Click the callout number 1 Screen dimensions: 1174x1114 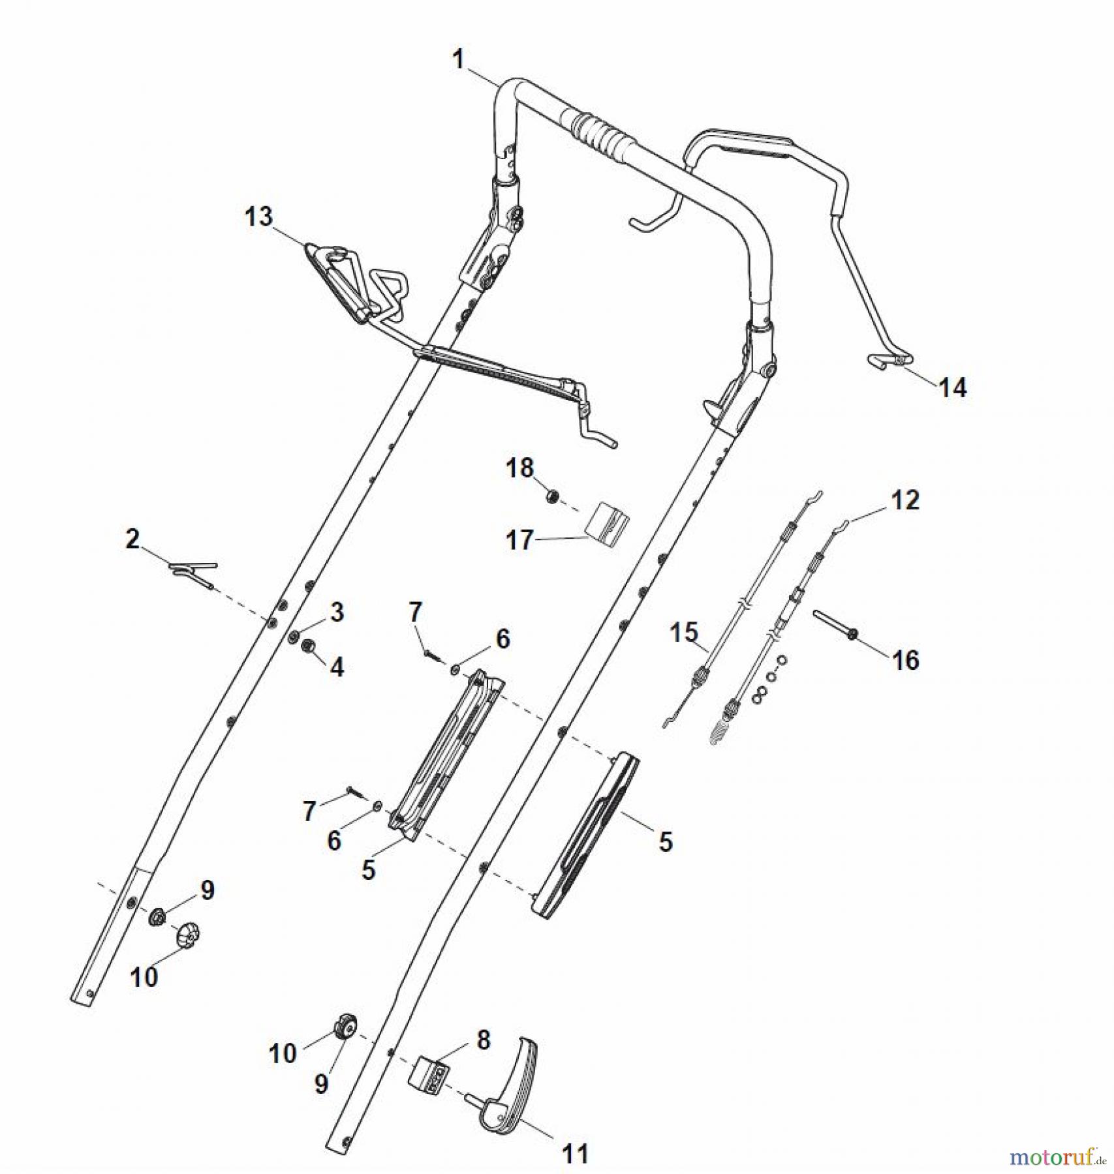pos(458,60)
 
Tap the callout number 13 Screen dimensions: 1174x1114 pos(258,217)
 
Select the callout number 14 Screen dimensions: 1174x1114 pos(952,388)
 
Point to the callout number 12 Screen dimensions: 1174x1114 pos(905,500)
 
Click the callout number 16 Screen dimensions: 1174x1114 pos(905,660)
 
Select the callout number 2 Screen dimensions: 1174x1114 pos(132,539)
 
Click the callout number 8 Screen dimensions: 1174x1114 pos(483,1040)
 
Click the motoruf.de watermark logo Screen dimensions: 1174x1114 pos(1057,1157)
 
